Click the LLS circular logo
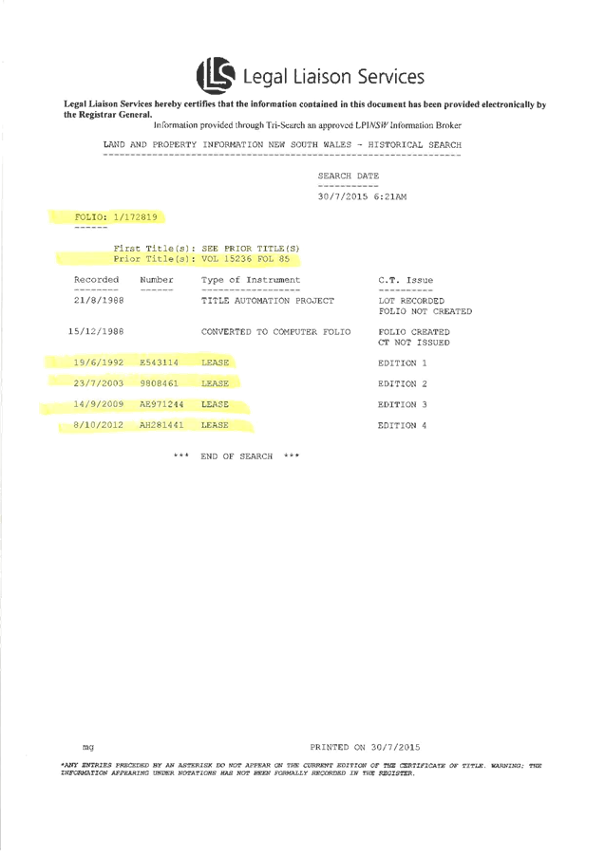[x=214, y=75]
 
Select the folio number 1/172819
[x=135, y=217]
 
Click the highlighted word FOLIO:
[x=91, y=217]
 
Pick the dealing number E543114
[x=158, y=362]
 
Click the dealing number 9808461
[x=158, y=383]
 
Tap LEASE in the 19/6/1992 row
[x=215, y=362]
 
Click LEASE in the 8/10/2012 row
[x=215, y=425]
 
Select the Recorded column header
[x=97, y=280]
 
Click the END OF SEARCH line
[x=236, y=456]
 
